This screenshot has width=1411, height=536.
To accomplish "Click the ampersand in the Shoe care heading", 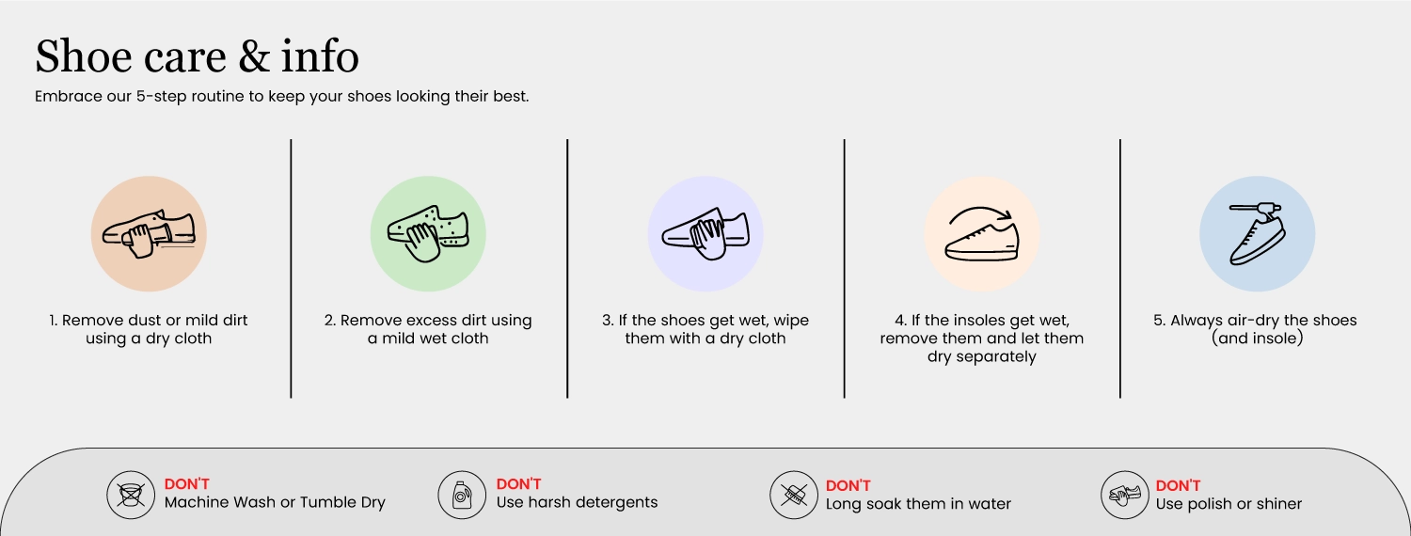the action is point(254,56).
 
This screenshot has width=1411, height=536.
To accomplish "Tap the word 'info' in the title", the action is point(320,55).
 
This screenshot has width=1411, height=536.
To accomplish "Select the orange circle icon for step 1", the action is point(149,233).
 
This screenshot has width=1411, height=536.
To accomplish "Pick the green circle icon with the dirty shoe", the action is point(428,233).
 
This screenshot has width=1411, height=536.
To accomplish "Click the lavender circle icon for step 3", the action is point(705,233).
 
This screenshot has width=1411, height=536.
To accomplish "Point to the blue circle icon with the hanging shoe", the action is point(1258,233).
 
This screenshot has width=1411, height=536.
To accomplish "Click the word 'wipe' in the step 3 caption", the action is point(790,321).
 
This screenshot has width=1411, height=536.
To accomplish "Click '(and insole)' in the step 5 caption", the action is point(1258,339).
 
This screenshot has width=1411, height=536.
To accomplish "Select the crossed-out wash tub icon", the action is point(131,495).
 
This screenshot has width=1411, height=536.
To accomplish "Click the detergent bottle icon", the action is point(463,495).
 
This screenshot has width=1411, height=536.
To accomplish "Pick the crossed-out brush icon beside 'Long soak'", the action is point(794,495).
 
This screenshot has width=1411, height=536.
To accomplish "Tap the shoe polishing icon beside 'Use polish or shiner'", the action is point(1125,495).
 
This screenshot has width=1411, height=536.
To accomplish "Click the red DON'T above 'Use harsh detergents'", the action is point(518,483).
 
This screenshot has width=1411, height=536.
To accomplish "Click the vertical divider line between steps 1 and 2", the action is point(291,268).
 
